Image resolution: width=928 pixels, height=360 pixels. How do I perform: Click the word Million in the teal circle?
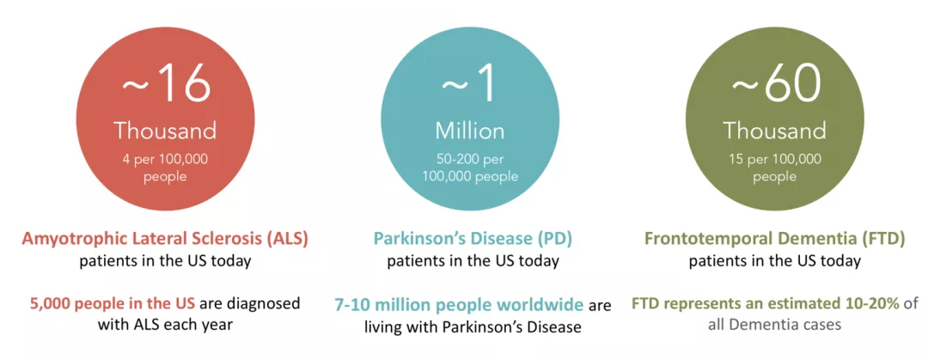(x=470, y=131)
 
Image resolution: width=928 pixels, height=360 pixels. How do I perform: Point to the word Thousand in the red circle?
(x=166, y=131)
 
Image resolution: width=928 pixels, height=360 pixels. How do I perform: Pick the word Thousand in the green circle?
(x=774, y=131)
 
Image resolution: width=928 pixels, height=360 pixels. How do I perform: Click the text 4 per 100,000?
(x=167, y=159)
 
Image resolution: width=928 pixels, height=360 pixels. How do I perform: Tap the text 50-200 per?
(x=469, y=159)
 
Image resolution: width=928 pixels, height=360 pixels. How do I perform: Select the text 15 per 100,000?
(x=774, y=159)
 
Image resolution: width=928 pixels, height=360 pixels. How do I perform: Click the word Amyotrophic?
(x=70, y=240)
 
